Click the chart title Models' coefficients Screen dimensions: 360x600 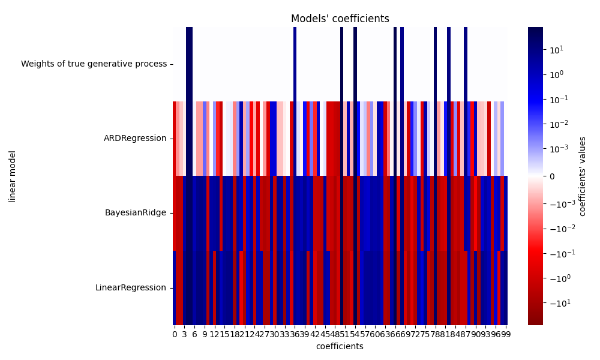pyautogui.click(x=340, y=19)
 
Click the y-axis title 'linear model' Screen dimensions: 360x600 pyautogui.click(x=13, y=176)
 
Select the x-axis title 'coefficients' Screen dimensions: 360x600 pyautogui.click(x=340, y=346)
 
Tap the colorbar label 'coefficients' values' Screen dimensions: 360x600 pyautogui.click(x=582, y=176)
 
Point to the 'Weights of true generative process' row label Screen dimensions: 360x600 pyautogui.click(x=94, y=64)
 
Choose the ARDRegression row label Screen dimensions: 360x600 pyautogui.click(x=135, y=139)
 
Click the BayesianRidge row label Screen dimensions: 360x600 pyautogui.click(x=136, y=213)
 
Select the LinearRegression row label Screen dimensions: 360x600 pyautogui.click(x=131, y=287)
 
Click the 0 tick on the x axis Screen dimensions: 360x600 pyautogui.click(x=175, y=334)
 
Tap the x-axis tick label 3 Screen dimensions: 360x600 pyautogui.click(x=185, y=334)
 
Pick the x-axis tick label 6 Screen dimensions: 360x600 pyautogui.click(x=194, y=334)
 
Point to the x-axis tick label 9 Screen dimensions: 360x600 pyautogui.click(x=205, y=334)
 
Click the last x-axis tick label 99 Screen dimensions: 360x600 pyautogui.click(x=506, y=334)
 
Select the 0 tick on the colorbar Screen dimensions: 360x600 pyautogui.click(x=551, y=176)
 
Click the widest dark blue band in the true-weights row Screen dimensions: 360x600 pyautogui.click(x=190, y=64)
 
